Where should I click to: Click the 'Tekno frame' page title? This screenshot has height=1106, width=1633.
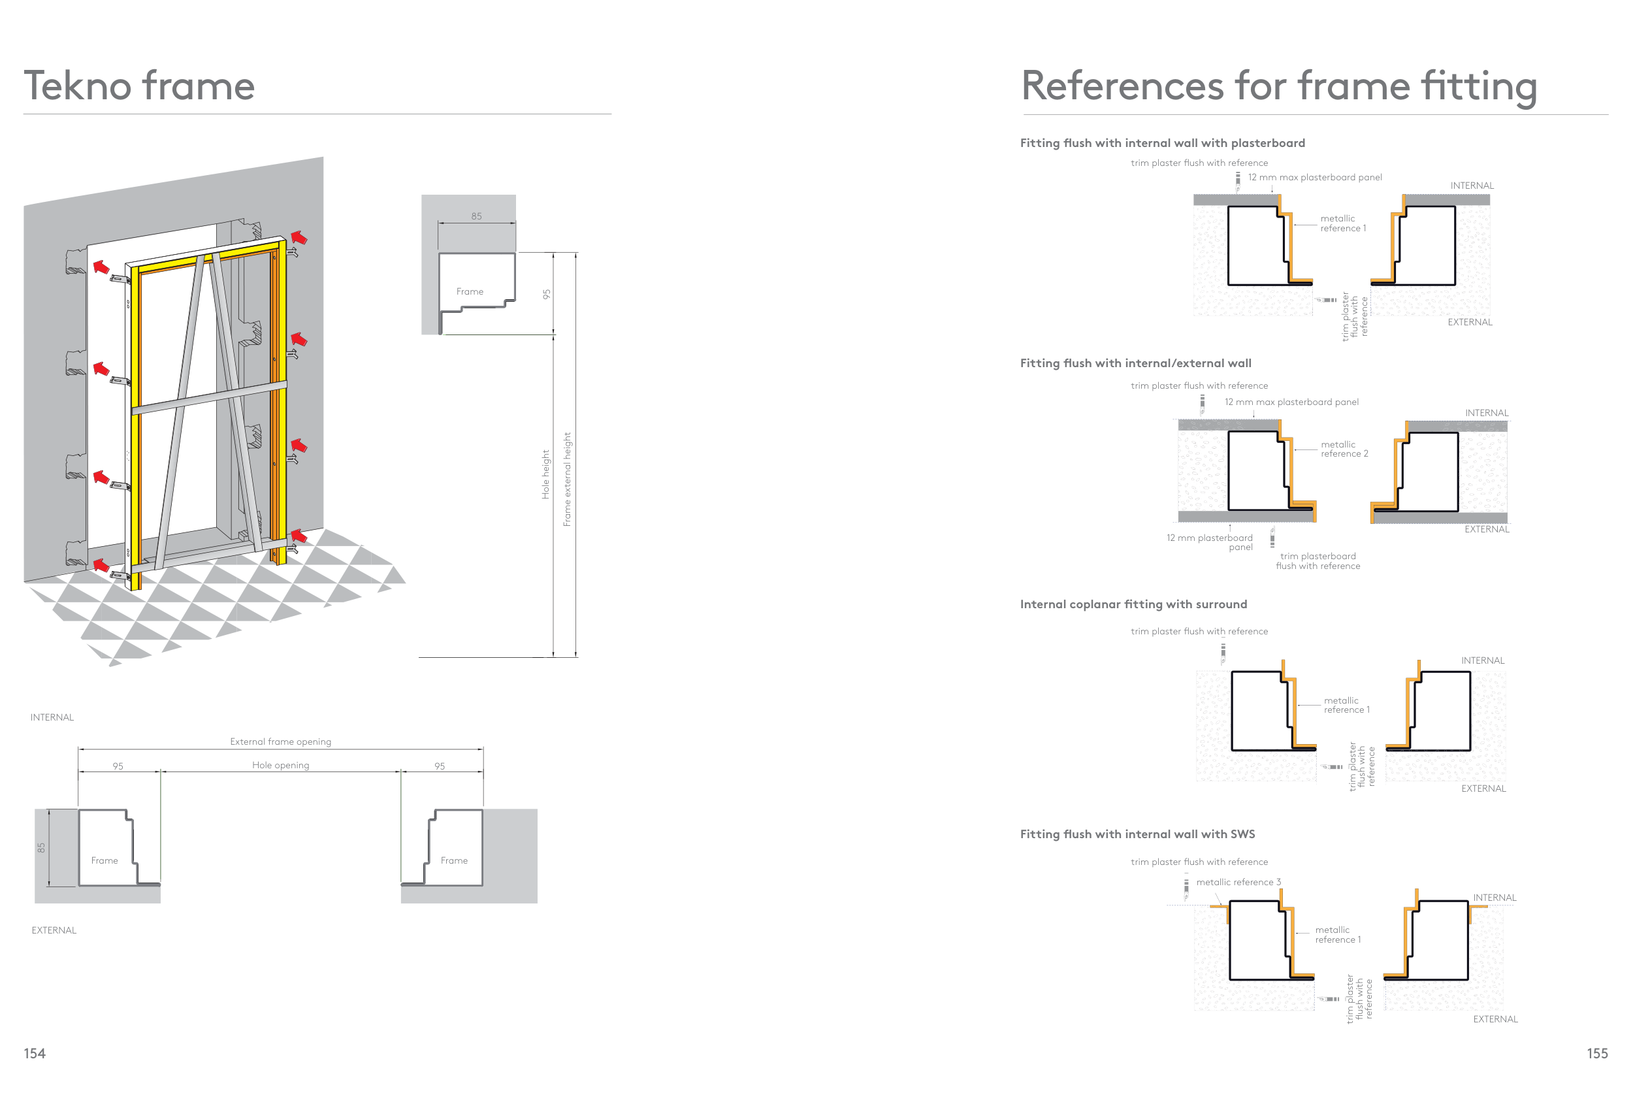pos(139,86)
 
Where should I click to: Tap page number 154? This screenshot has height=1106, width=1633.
pos(35,1053)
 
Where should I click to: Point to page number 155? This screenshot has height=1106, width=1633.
pos(1597,1053)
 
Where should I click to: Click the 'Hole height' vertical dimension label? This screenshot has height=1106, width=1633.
pos(545,474)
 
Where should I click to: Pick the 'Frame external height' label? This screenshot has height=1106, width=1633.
pos(567,480)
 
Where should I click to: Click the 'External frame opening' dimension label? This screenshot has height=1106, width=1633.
pos(280,741)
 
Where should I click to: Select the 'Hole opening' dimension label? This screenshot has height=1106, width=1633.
pos(280,765)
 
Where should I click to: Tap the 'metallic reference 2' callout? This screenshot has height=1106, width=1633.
pos(1344,449)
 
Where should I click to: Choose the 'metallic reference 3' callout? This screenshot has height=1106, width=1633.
pos(1239,882)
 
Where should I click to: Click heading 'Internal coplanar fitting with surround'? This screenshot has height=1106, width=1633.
pos(1133,604)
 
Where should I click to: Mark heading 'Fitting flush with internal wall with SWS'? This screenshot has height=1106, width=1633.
pos(1138,834)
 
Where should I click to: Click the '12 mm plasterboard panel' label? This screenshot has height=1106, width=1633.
pos(1209,542)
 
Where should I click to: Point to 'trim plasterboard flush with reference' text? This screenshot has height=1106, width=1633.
pos(1318,561)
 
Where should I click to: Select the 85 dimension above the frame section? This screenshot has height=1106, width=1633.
pos(476,216)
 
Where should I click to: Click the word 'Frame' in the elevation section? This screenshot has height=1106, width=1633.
pos(470,291)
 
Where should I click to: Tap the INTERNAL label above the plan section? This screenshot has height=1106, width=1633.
pos(52,717)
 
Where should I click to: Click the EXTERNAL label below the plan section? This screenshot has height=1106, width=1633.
pos(54,930)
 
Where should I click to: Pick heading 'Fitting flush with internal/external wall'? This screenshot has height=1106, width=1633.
pos(1135,363)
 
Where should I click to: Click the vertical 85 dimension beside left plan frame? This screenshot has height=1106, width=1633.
pos(41,848)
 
